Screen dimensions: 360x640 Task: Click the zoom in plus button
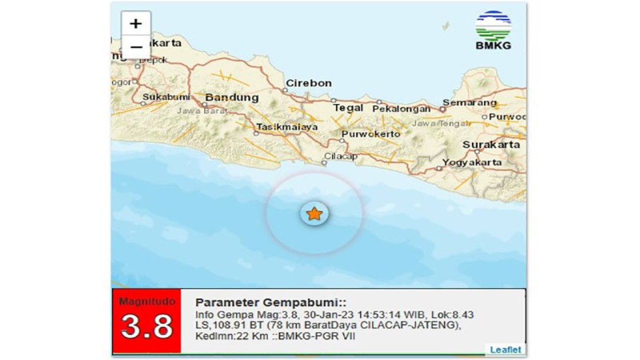(x=136, y=23)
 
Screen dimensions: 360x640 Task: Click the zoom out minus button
(x=136, y=47)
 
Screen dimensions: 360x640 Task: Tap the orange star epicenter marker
(x=314, y=214)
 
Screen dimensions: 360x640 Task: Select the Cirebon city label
(x=308, y=83)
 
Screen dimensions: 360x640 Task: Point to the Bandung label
(x=232, y=97)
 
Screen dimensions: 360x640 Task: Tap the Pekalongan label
(x=401, y=108)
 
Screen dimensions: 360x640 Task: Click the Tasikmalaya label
(x=286, y=127)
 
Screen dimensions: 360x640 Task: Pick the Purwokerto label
(x=371, y=134)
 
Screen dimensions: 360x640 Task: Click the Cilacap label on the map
(x=341, y=156)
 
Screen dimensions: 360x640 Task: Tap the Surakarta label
(x=491, y=145)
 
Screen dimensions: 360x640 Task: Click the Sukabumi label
(x=166, y=97)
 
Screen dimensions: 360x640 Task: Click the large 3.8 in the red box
(x=146, y=326)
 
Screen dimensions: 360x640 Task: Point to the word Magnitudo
(x=146, y=301)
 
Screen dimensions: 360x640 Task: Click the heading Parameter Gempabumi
(x=270, y=302)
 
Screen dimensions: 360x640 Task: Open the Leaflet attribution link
(x=505, y=349)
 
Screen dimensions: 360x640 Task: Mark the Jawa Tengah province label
(x=440, y=123)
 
